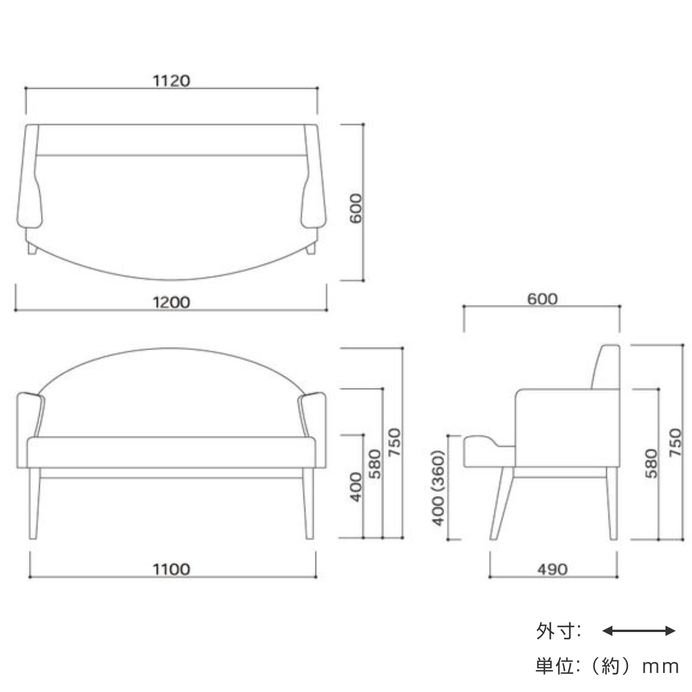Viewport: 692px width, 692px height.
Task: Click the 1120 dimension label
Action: pyautogui.click(x=171, y=81)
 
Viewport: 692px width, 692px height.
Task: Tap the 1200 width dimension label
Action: pyautogui.click(x=171, y=302)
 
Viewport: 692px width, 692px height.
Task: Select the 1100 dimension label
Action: pyautogui.click(x=171, y=569)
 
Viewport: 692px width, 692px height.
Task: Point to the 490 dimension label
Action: pyautogui.click(x=552, y=569)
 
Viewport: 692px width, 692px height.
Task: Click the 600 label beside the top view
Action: pyautogui.click(x=356, y=208)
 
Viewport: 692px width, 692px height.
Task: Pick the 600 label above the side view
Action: pyautogui.click(x=542, y=299)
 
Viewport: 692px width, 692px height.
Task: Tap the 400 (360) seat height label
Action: pyautogui.click(x=438, y=488)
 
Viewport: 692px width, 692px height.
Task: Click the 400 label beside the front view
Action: pyautogui.click(x=356, y=487)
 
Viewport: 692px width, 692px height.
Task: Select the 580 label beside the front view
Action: pyautogui.click(x=375, y=464)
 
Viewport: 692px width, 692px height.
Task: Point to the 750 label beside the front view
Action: pyautogui.click(x=394, y=442)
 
